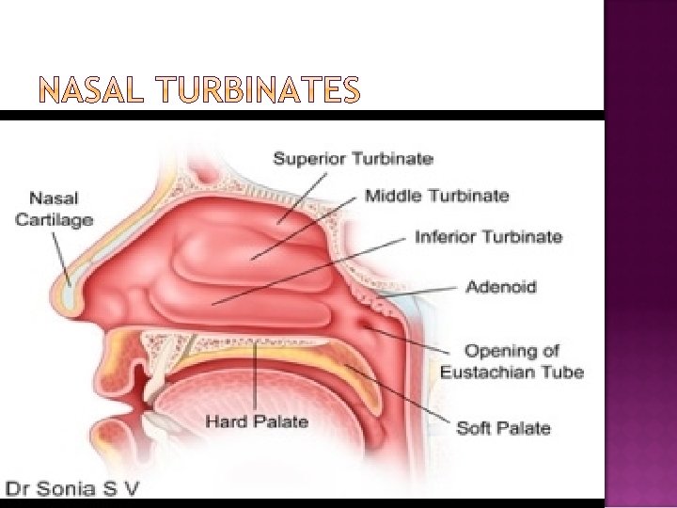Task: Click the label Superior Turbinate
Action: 353,159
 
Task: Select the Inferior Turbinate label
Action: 489,236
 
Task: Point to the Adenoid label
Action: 502,286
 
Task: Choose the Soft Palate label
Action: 503,428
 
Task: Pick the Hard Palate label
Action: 258,421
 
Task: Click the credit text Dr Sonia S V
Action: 73,488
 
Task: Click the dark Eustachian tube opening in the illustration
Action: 366,324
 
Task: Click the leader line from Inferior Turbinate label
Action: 310,270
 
